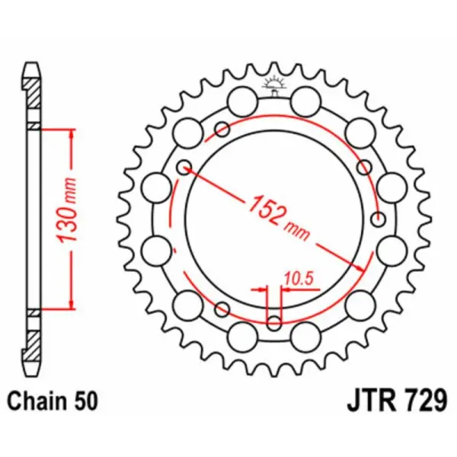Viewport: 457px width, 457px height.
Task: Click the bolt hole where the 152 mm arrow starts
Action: pos(183,167)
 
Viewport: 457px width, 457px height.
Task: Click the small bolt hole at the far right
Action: pos(379,219)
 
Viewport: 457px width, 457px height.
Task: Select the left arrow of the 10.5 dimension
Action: pos(261,290)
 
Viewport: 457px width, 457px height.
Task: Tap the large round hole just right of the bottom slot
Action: pos(305,333)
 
